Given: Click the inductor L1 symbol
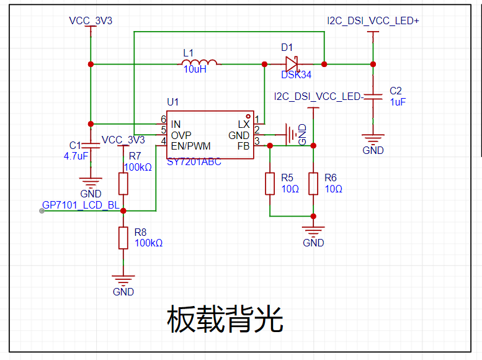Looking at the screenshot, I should (x=199, y=63).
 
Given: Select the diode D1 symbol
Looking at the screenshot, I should (x=291, y=64).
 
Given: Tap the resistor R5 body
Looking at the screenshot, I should (x=270, y=183).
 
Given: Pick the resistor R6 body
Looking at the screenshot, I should (x=313, y=183).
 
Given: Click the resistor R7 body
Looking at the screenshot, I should (x=123, y=184).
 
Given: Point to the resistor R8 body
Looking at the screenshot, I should (x=123, y=238).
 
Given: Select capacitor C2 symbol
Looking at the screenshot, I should (x=373, y=96).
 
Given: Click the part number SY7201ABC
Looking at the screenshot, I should (x=194, y=161).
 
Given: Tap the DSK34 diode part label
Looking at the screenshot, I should (x=296, y=74).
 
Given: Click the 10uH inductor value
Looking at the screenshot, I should (x=195, y=70).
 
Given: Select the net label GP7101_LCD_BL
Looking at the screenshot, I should (x=80, y=205).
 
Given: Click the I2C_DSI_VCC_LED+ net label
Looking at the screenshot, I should (x=373, y=21).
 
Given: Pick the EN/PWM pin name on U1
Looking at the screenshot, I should (x=190, y=146).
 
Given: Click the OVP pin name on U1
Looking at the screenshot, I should (x=181, y=135).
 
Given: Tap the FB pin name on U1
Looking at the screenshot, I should (x=244, y=146).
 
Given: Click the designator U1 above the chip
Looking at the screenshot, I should (x=172, y=102).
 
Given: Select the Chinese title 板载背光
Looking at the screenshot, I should (x=225, y=320).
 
